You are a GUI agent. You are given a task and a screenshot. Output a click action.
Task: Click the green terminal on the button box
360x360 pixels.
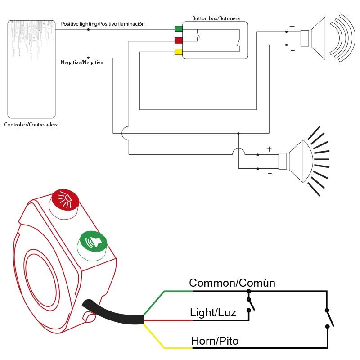tap(179, 29)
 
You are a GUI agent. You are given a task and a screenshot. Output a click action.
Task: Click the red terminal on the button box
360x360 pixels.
tap(179, 41)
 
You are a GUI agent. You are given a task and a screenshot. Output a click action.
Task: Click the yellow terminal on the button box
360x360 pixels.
tap(179, 52)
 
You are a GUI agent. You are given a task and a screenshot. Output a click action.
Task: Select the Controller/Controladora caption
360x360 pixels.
tap(31, 125)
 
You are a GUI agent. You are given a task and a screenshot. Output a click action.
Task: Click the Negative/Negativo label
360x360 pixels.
tap(82, 63)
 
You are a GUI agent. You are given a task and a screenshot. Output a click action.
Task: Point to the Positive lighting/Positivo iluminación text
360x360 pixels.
tap(103, 24)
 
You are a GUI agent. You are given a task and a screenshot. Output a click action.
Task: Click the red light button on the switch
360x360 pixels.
tap(65, 199)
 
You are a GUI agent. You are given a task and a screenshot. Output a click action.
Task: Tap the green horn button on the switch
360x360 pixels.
tap(93, 243)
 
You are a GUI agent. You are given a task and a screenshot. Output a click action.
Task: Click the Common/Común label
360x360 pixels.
tap(232, 283)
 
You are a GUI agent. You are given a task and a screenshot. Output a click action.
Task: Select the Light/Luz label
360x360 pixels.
tap(213, 312)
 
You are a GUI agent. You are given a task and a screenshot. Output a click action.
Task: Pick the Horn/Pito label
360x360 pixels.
tap(215, 341)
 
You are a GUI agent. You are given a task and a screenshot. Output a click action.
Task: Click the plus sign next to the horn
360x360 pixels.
tap(292, 27)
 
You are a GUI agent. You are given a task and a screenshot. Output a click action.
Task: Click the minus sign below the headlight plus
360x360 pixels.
tap(270, 173)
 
